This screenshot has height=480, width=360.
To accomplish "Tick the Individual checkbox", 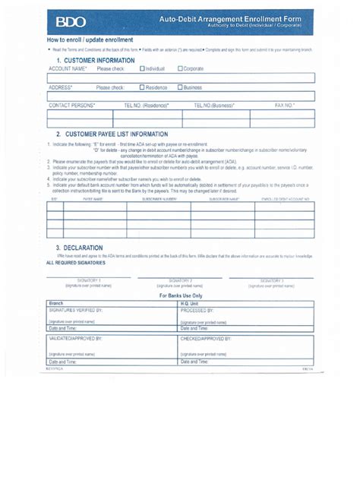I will [x=142, y=68].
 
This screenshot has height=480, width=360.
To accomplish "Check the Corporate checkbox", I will [x=181, y=68].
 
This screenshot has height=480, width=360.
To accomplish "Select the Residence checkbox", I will [x=142, y=87].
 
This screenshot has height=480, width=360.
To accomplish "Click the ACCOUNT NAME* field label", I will [x=68, y=68].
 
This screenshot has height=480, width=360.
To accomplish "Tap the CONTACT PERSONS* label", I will [x=72, y=106].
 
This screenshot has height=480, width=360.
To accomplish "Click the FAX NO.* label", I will [x=285, y=106].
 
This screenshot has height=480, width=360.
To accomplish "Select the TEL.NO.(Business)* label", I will [x=214, y=106].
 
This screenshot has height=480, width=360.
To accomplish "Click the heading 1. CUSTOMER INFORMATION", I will [x=95, y=58].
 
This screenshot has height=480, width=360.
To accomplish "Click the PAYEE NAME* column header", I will [x=93, y=198].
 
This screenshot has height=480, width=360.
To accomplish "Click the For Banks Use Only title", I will [x=181, y=295].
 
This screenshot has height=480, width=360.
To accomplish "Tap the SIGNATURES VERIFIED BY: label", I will [x=75, y=311].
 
